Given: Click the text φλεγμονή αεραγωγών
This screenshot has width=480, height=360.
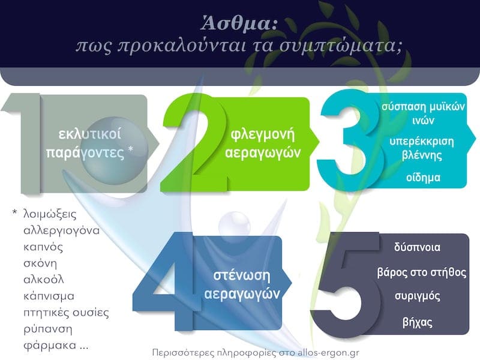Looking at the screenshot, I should (262, 143).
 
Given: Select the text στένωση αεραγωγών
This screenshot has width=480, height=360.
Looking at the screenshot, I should (242, 285).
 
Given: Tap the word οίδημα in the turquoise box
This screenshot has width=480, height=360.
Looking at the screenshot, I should (423, 178).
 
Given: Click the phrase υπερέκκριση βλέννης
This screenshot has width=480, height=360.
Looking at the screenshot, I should (423, 148).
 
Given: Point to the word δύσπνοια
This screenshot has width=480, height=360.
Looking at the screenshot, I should (423, 247).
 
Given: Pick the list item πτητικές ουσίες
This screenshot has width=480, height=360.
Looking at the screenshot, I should (65, 313).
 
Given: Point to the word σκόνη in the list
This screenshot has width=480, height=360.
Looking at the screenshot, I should (39, 263).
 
